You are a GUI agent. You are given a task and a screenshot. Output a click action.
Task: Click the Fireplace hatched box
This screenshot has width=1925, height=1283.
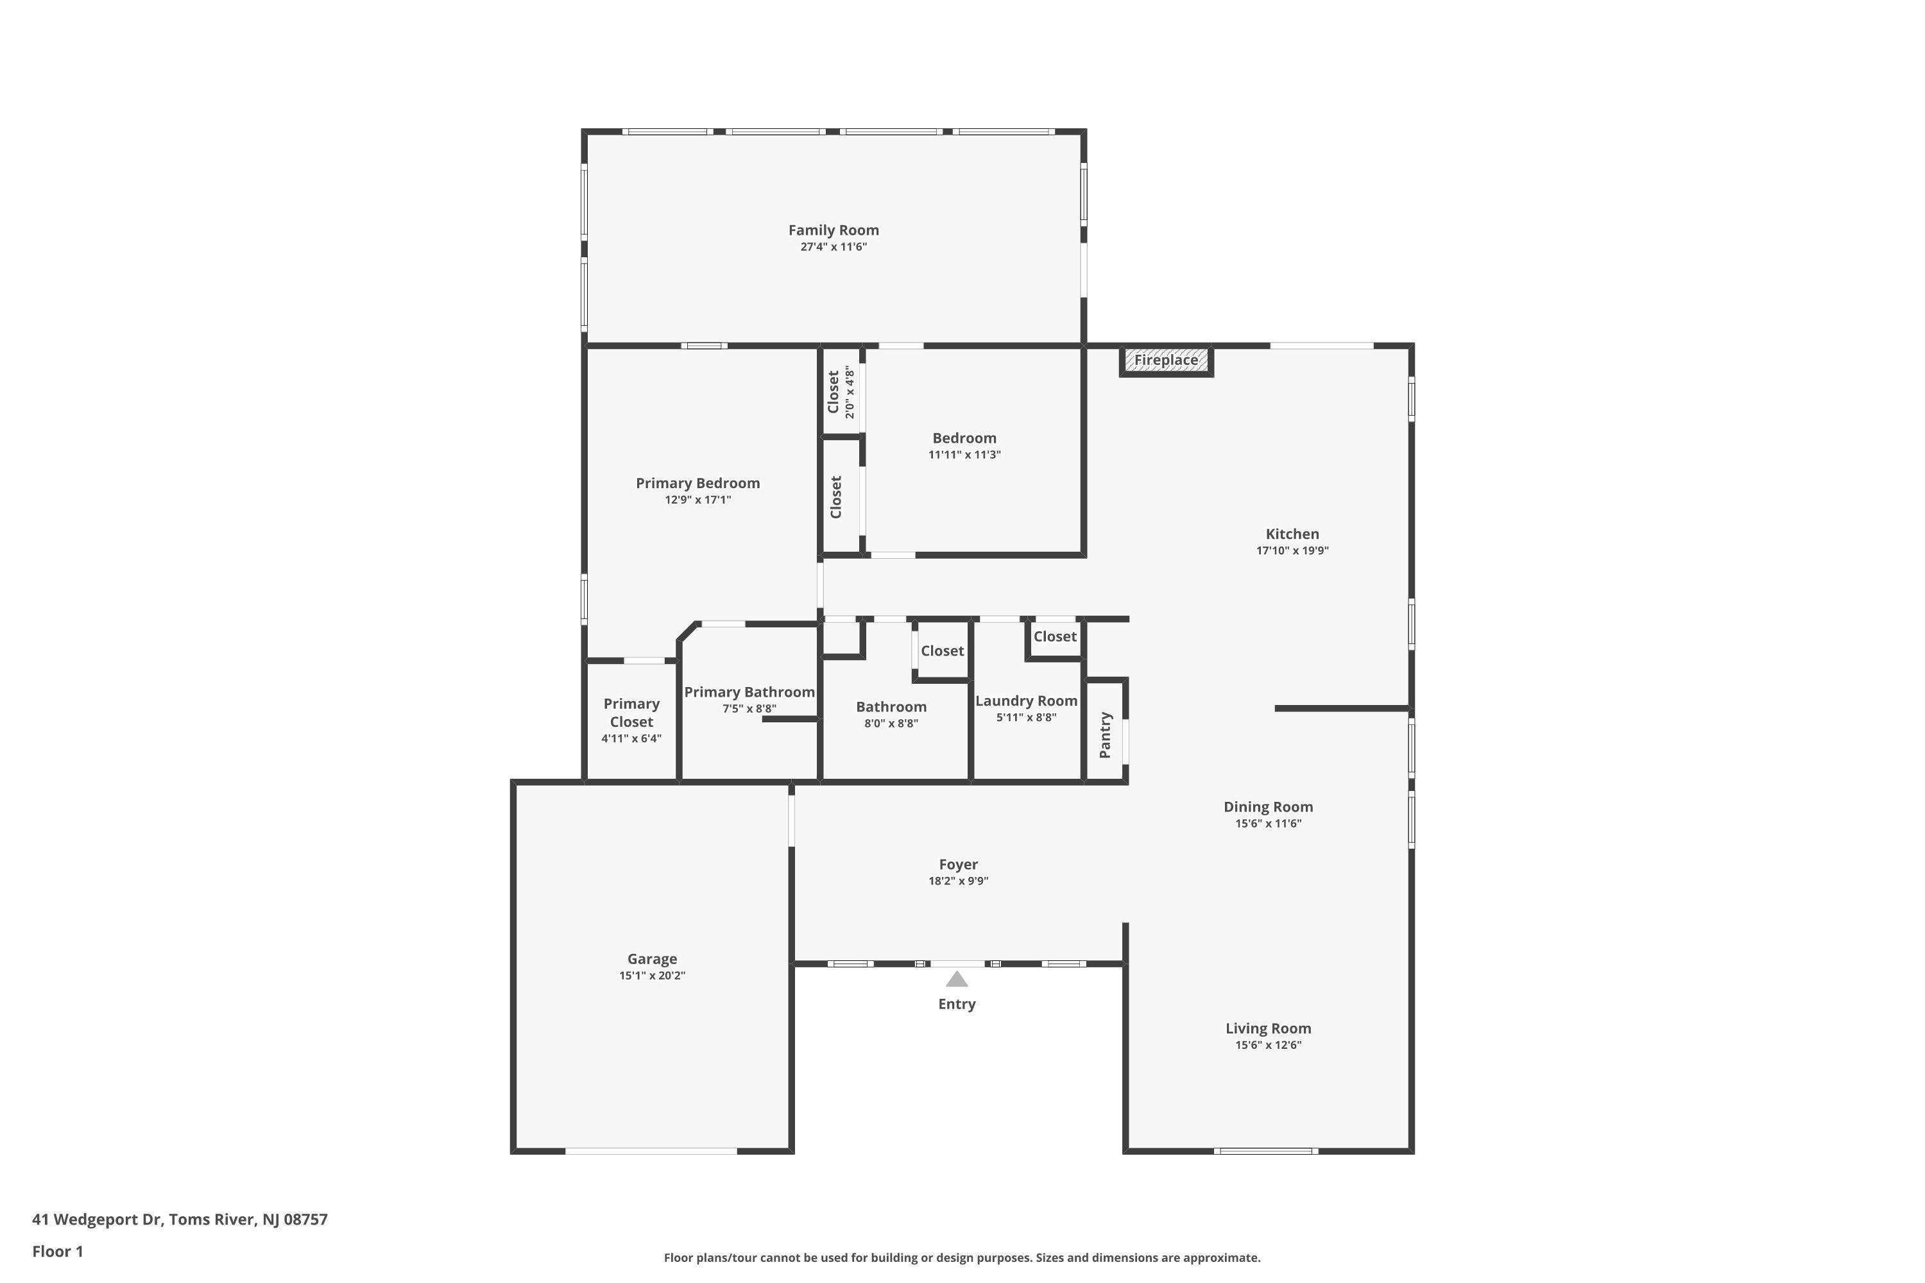[x=1167, y=360]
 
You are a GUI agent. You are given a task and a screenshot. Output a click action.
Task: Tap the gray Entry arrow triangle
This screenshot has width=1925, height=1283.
[x=957, y=979]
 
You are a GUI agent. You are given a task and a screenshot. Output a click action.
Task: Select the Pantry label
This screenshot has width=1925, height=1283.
[x=1105, y=735]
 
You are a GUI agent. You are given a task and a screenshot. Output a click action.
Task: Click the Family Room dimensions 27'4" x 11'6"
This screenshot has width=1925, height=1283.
[x=833, y=247]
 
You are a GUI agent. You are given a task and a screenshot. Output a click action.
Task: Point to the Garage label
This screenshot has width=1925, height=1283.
[x=653, y=959]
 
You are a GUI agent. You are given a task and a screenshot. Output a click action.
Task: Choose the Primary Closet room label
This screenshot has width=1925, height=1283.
[x=631, y=713]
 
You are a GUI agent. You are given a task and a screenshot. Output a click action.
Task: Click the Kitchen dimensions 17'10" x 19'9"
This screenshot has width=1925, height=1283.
[x=1292, y=550]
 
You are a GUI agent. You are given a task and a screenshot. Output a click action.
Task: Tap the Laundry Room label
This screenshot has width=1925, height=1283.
[x=1026, y=701]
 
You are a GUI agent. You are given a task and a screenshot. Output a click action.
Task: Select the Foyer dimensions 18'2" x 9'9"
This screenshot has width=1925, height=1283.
[x=959, y=881]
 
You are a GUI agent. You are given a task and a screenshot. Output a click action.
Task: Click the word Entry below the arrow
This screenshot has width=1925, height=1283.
[x=957, y=1004]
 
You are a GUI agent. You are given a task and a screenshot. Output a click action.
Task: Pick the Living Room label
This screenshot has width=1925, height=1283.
[x=1268, y=1028]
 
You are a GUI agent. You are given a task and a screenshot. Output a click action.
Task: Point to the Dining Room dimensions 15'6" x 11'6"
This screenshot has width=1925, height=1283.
[x=1269, y=824]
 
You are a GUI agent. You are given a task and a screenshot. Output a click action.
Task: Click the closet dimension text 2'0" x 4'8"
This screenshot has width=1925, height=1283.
[x=850, y=392]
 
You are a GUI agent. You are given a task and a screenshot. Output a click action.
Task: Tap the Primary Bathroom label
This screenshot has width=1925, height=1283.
[x=749, y=692]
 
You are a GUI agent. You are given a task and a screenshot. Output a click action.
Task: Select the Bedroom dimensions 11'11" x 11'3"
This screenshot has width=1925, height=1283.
[x=964, y=455]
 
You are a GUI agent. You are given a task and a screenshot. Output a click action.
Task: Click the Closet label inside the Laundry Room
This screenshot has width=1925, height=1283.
[x=1055, y=636]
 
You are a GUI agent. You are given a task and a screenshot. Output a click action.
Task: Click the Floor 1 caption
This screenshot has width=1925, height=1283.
[x=58, y=1251]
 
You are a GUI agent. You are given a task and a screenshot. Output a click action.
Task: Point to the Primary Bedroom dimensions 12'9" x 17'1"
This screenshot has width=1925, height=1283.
[x=698, y=500]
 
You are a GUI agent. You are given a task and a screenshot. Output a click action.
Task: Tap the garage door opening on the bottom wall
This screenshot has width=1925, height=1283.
[x=651, y=1151]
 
